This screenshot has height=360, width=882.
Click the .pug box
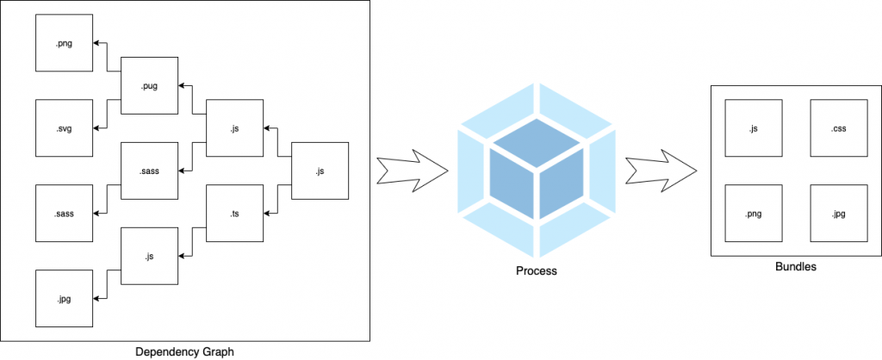(149, 85)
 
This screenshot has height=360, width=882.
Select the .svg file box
(64, 127)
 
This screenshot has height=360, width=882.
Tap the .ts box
(234, 213)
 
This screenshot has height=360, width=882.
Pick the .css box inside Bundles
(839, 128)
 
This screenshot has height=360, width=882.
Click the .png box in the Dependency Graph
(64, 43)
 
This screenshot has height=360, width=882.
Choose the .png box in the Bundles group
(754, 214)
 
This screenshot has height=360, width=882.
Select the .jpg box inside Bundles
(839, 214)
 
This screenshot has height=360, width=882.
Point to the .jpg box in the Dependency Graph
(64, 298)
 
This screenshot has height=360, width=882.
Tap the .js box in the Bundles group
(754, 128)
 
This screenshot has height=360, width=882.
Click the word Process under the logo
(537, 270)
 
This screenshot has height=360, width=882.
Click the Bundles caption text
(795, 267)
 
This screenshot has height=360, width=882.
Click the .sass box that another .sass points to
(64, 213)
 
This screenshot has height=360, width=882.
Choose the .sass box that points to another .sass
(149, 171)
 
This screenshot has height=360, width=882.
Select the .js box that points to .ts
(320, 171)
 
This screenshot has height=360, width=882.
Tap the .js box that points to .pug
(234, 128)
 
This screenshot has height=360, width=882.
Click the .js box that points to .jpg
(149, 256)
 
